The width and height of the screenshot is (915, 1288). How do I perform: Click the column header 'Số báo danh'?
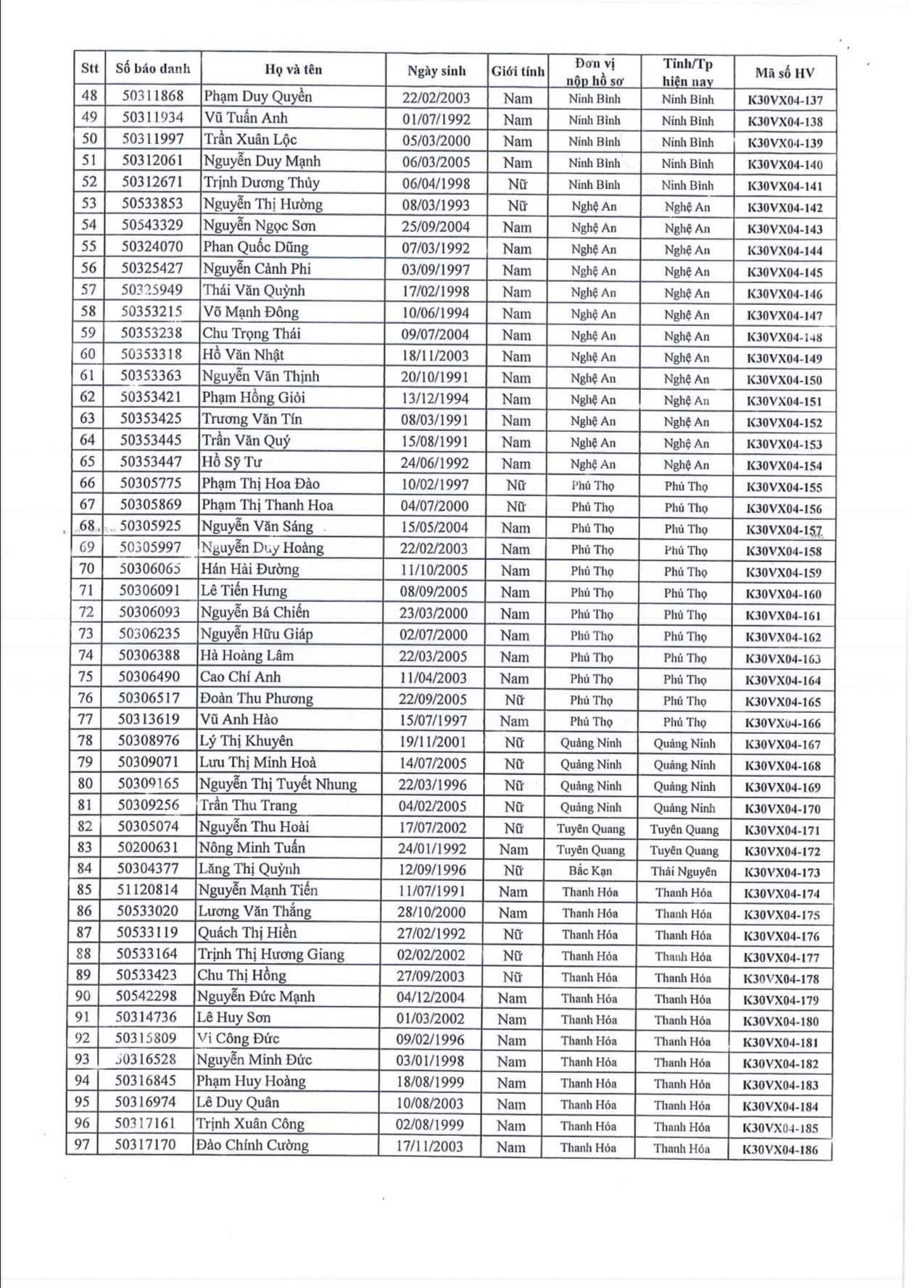[152, 69]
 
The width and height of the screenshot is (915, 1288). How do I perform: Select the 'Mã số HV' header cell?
[784, 72]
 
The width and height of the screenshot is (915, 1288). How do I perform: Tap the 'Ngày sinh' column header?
[436, 71]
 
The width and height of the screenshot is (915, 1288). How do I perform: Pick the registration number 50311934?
[152, 117]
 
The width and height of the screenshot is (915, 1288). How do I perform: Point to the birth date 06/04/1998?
[436, 184]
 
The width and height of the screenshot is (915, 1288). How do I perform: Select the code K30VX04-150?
[784, 380]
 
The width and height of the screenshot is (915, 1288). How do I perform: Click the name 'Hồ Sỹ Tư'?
[231, 462]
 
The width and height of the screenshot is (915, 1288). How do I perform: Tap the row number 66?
[87, 483]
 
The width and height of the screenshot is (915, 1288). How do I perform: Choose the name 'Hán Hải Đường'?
[249, 569]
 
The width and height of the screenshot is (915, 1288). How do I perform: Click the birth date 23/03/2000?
[434, 613]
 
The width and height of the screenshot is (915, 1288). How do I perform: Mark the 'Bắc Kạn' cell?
[589, 871]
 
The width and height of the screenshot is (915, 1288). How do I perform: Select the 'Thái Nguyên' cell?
[683, 871]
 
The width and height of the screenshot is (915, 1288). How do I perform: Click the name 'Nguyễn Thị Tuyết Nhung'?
[278, 784]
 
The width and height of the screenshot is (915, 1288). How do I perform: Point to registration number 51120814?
[147, 890]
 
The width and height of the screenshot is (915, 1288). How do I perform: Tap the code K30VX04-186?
[780, 1149]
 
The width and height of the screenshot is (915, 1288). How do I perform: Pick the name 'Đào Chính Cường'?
[252, 1145]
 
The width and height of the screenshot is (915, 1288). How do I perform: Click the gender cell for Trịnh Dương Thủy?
[517, 184]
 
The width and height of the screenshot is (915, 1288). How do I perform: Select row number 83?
[84, 848]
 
